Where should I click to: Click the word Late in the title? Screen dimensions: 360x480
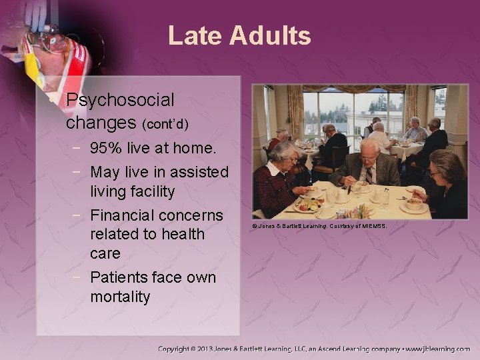coord(194,35)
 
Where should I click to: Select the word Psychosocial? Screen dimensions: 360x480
coord(120,101)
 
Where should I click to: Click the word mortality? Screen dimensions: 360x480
coord(120,296)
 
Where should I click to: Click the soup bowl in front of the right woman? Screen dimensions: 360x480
coord(415,203)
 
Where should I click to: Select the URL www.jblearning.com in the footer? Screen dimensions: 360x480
coord(438,349)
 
